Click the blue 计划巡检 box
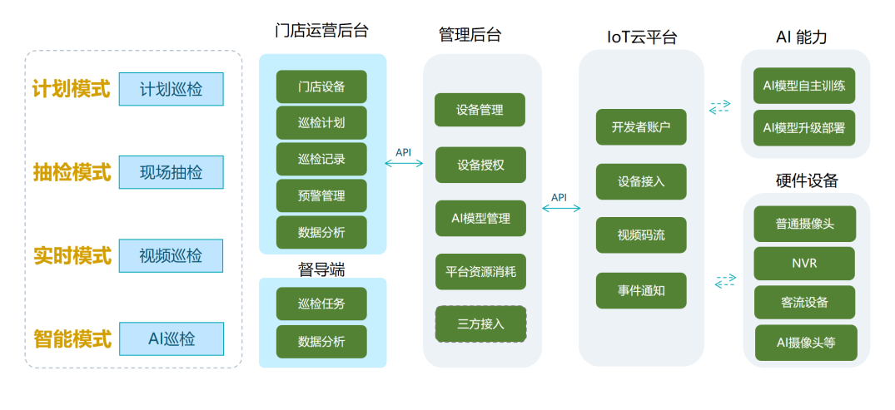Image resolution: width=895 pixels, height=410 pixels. (171, 89)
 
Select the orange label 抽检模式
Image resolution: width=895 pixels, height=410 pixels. (72, 172)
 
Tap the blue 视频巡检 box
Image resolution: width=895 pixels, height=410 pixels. (171, 255)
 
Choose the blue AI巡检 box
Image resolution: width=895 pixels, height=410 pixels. (171, 338)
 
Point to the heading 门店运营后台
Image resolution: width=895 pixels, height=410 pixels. (321, 31)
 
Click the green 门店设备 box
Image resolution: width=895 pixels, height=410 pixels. (321, 86)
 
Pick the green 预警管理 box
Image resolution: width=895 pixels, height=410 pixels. (321, 196)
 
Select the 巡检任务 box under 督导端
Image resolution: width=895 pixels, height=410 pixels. (321, 304)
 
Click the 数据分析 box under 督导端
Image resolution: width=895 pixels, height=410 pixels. (321, 341)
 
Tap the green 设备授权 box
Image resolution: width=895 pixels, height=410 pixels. (480, 165)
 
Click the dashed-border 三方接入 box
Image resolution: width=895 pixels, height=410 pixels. (480, 324)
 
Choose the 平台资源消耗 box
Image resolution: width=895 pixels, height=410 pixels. (480, 271)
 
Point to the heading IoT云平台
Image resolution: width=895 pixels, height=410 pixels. (641, 37)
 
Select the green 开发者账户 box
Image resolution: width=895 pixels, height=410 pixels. (641, 127)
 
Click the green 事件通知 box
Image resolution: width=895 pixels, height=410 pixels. (641, 291)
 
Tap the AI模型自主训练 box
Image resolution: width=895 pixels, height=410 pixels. (804, 85)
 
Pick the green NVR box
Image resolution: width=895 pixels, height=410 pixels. (804, 263)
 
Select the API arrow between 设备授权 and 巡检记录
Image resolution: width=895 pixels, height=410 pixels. (405, 163)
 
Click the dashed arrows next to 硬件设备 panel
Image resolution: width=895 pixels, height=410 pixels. (724, 281)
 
